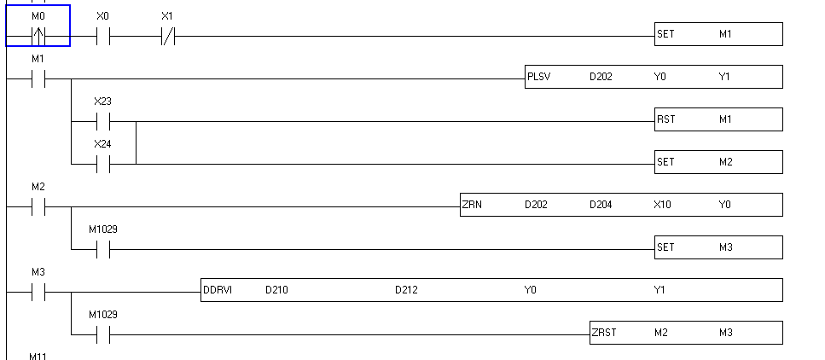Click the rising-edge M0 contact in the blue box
point(38,37)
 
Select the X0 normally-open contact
point(102,37)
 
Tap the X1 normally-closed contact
point(167,37)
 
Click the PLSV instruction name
point(539,77)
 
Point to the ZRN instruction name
point(472,205)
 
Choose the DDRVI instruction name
point(218,290)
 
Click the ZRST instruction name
point(604,333)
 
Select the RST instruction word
point(665,119)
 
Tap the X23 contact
point(102,121)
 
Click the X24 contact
point(102,164)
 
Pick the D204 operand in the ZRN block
point(601,205)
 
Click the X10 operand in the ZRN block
point(662,205)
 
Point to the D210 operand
point(276,290)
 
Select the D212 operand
point(406,290)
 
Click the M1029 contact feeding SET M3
point(102,249)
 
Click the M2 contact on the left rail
point(38,206)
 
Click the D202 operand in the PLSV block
point(601,77)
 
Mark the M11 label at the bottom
point(38,355)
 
